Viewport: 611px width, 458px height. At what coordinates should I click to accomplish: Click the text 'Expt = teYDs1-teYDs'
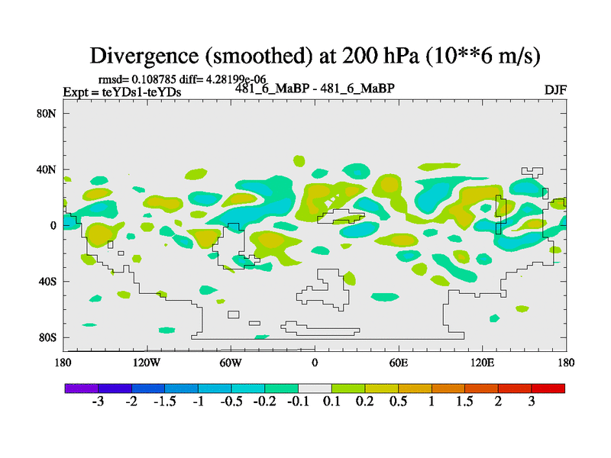click(122, 92)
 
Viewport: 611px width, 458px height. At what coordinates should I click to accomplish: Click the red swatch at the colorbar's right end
click(548, 389)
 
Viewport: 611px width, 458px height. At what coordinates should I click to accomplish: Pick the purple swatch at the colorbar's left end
click(82, 389)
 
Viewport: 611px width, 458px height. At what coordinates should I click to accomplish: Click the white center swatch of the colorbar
click(315, 389)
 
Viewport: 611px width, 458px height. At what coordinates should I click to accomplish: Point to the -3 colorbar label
click(98, 402)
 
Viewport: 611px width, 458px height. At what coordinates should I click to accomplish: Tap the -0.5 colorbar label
click(231, 402)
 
